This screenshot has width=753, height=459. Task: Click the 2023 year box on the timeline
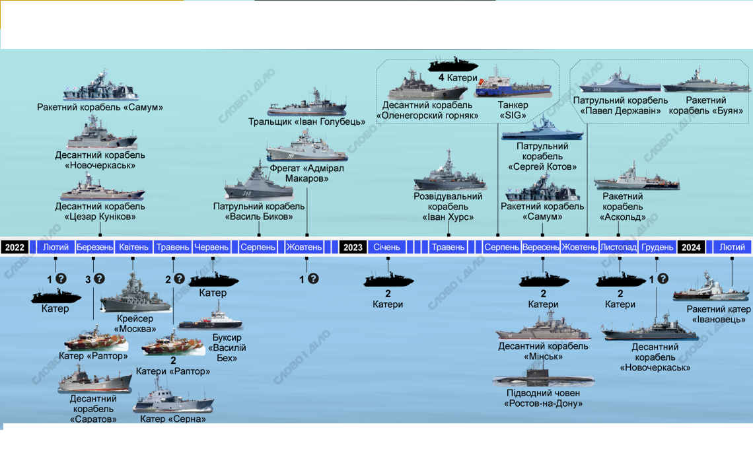(353, 247)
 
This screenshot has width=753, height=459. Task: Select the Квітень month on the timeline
(133, 247)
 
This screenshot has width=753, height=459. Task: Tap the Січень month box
(386, 247)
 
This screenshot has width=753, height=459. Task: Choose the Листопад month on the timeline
(618, 247)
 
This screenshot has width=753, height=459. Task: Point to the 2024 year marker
(691, 247)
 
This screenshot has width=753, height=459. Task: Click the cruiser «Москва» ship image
(135, 293)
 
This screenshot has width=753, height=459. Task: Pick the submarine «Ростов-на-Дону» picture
(543, 376)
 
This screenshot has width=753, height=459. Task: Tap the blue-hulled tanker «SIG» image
(513, 83)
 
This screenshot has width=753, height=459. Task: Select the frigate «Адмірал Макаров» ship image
(306, 147)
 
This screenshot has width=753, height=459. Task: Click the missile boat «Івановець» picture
(711, 287)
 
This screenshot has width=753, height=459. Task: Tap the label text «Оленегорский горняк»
(427, 116)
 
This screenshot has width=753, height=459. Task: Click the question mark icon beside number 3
(99, 279)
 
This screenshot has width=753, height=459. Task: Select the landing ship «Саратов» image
(94, 379)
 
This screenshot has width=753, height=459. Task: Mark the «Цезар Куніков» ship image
(102, 188)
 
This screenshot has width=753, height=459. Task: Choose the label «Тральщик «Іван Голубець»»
(307, 122)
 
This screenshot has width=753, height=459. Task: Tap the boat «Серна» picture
(173, 397)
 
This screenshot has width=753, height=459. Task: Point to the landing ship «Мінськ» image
(543, 326)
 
